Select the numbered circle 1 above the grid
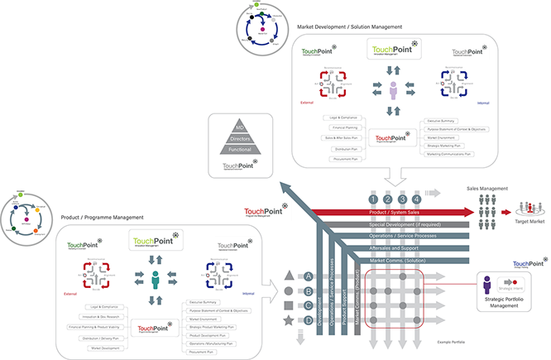pos(373,199)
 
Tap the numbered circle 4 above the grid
pos(416,199)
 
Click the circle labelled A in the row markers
pos(309,276)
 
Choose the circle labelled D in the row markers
pos(309,319)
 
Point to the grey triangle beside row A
pos(288,276)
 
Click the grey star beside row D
pos(288,319)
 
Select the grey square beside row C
pos(288,305)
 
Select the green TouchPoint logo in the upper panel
pos(393,49)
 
